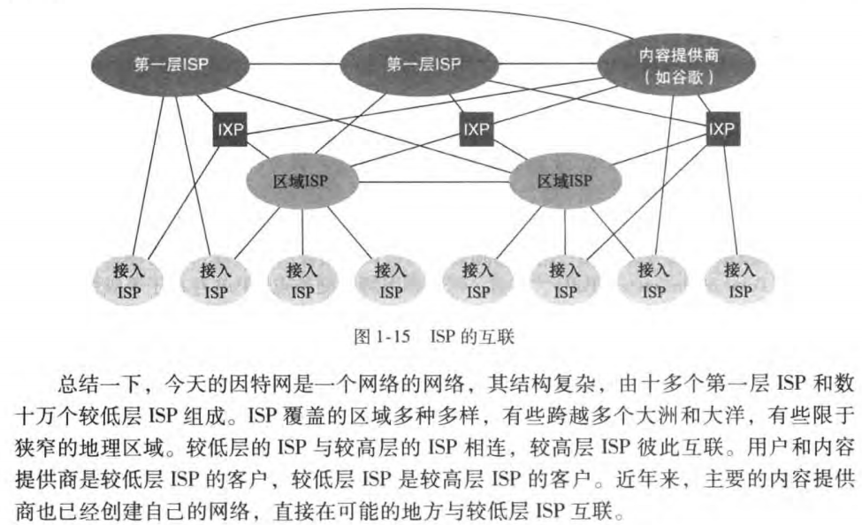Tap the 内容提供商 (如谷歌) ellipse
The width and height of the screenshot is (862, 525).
coord(678,65)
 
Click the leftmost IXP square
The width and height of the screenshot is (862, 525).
coord(230,131)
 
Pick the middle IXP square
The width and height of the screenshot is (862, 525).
coord(476,131)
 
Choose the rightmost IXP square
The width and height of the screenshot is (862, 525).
coord(721,131)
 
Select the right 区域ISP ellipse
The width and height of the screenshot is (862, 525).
coord(566,182)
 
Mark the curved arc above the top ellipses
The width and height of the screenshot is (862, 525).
coord(424,13)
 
